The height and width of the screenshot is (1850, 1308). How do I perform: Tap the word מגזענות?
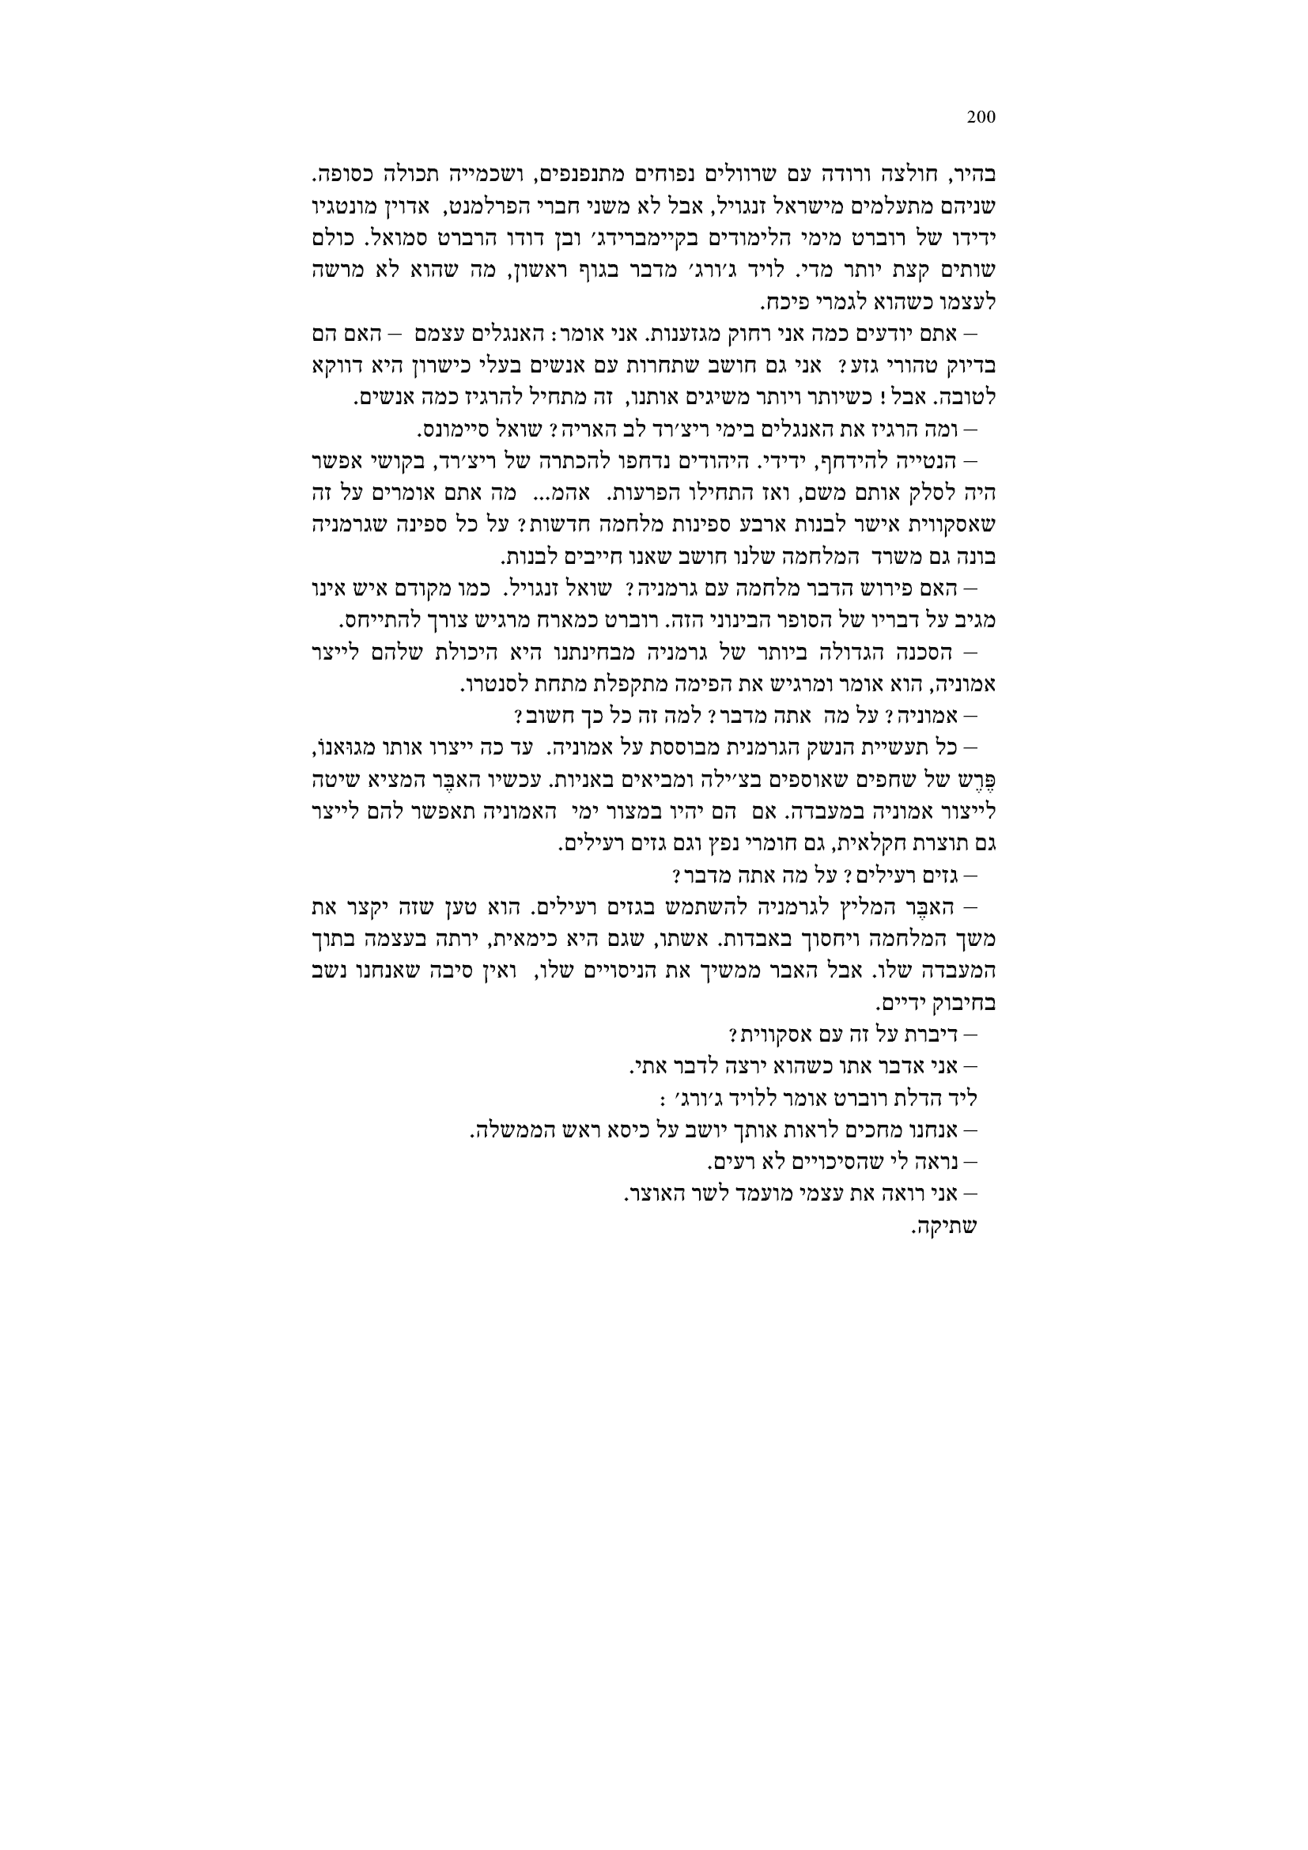tap(678, 332)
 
